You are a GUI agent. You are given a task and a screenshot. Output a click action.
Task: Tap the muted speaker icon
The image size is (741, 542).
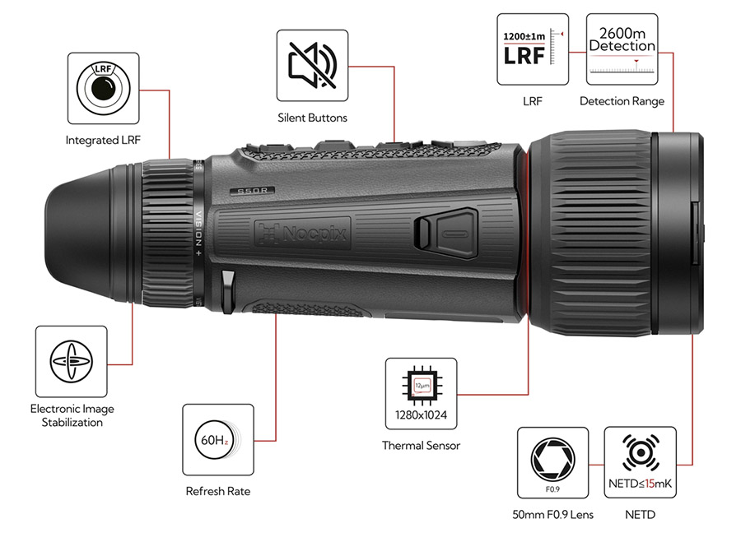(312, 65)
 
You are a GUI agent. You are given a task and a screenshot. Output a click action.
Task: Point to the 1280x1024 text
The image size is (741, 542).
(421, 415)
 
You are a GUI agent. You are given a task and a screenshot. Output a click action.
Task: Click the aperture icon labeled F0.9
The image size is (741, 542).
(552, 461)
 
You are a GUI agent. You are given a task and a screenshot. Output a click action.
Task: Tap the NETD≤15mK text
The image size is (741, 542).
(640, 484)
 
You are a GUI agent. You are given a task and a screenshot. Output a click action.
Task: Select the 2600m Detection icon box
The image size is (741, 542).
(622, 49)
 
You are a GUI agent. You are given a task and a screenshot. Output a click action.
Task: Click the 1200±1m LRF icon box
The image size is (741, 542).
(533, 49)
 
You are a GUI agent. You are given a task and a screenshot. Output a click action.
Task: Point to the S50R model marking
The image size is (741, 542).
(251, 190)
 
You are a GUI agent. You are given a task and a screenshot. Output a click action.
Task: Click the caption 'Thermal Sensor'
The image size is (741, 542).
(421, 446)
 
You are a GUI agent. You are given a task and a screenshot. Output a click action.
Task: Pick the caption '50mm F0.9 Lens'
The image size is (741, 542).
(552, 516)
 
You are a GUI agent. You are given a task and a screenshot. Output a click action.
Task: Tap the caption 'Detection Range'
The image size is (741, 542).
(622, 101)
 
